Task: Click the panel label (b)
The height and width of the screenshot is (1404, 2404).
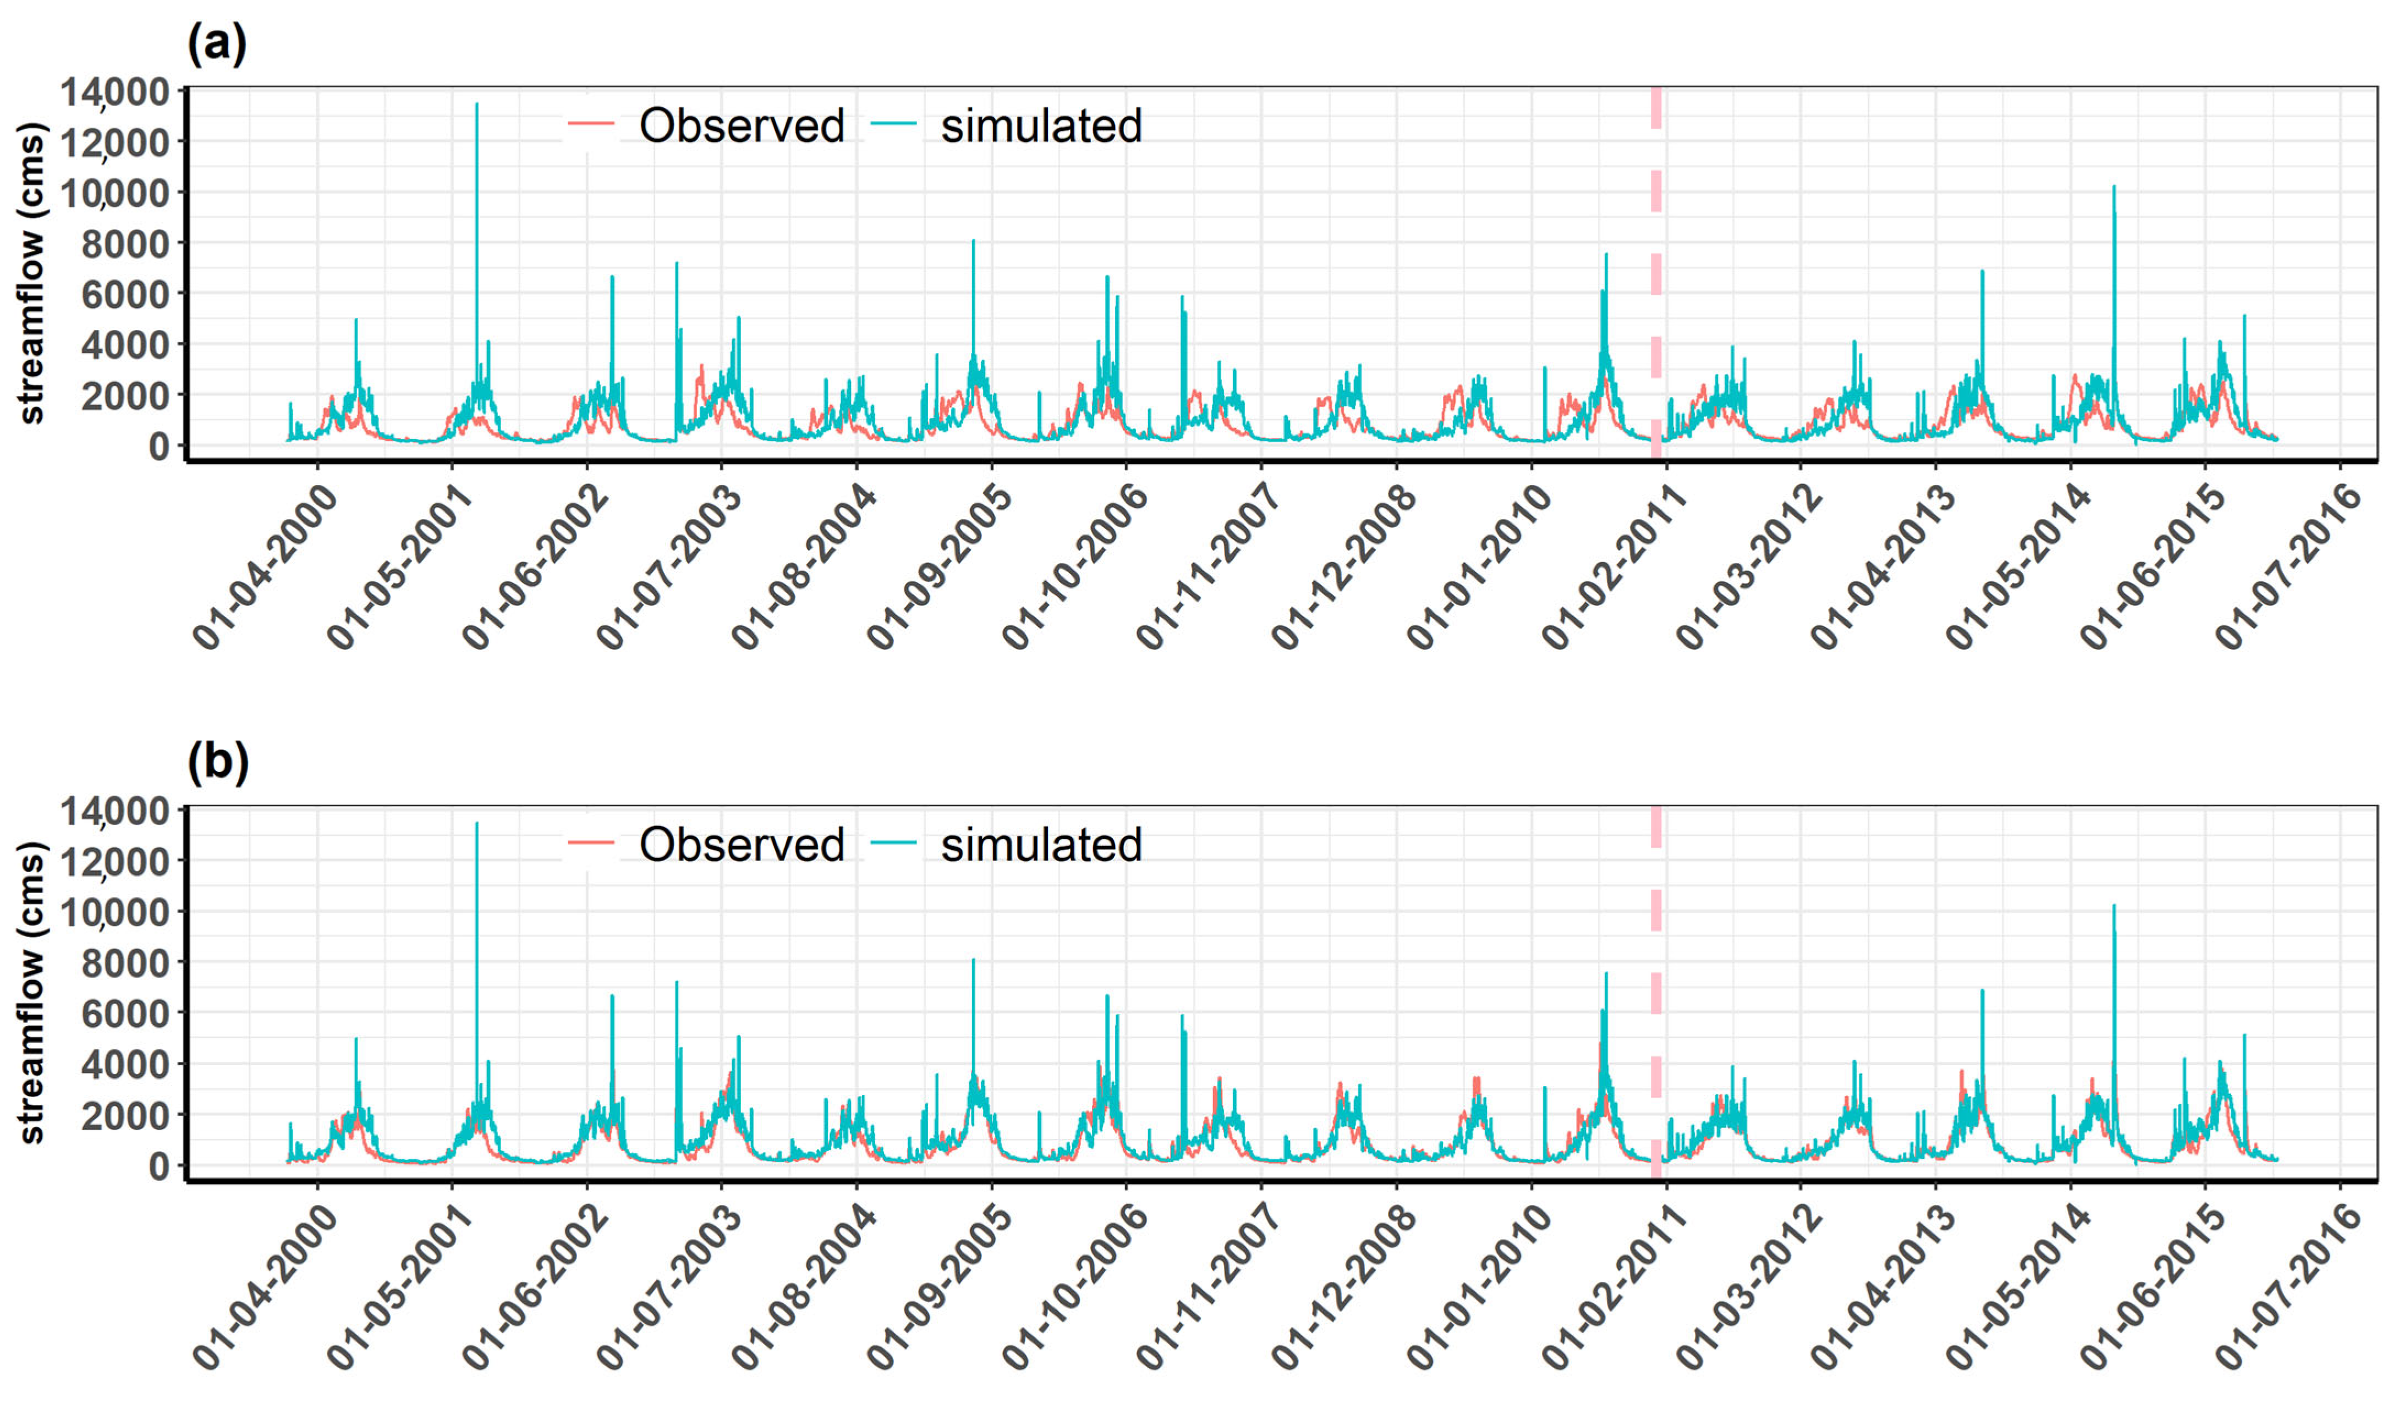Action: [217, 763]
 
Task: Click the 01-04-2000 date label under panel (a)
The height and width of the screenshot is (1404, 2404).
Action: [265, 569]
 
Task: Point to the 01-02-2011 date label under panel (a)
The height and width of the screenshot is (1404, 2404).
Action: [1613, 569]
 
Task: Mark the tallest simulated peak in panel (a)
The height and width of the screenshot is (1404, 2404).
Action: [477, 105]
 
